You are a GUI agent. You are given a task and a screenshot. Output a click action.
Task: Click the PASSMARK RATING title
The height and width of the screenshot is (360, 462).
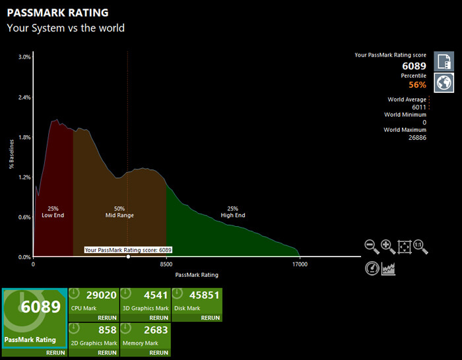pyautogui.click(x=57, y=13)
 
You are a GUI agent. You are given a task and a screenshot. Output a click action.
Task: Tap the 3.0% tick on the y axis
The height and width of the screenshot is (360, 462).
pyautogui.click(x=24, y=57)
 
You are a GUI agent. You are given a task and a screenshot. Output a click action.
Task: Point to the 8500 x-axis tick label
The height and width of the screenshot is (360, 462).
pyautogui.click(x=166, y=264)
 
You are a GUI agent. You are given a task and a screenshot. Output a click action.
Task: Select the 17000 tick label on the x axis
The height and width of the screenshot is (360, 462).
pyautogui.click(x=300, y=264)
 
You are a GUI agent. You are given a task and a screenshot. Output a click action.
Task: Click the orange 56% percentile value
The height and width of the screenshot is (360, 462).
pyautogui.click(x=417, y=84)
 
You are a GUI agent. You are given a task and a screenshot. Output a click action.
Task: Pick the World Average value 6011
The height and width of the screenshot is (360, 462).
pyautogui.click(x=418, y=107)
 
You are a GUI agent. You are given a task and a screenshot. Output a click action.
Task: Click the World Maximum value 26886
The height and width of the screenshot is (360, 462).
pyautogui.click(x=414, y=138)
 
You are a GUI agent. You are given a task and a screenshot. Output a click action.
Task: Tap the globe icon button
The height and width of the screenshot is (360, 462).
pyautogui.click(x=444, y=82)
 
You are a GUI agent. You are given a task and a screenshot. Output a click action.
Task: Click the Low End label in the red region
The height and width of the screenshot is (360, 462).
pyautogui.click(x=53, y=215)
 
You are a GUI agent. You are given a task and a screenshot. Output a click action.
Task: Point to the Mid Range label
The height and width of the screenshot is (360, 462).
pyautogui.click(x=119, y=215)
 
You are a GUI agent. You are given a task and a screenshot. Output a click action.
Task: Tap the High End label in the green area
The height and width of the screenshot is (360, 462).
pyautogui.click(x=232, y=215)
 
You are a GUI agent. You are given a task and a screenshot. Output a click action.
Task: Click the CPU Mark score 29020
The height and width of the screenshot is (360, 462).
pyautogui.click(x=101, y=295)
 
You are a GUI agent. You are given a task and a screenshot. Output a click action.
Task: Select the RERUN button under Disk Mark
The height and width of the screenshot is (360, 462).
pyautogui.click(x=210, y=318)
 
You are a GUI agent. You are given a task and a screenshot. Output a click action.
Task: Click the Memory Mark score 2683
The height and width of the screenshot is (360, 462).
pyautogui.click(x=155, y=330)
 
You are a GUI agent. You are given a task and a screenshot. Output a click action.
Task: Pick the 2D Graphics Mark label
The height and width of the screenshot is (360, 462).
pyautogui.click(x=94, y=343)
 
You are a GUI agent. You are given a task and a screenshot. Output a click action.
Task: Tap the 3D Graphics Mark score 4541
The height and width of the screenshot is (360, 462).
pyautogui.click(x=155, y=295)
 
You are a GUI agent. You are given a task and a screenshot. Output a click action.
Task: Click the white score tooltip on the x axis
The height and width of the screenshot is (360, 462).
pyautogui.click(x=128, y=250)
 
